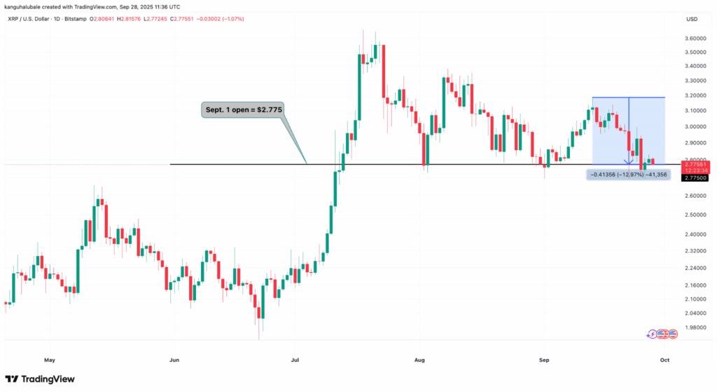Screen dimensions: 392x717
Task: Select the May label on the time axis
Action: (x=49, y=360)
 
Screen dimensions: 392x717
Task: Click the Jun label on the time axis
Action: (x=174, y=360)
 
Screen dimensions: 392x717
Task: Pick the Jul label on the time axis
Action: (x=295, y=360)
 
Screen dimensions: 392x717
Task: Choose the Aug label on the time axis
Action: (x=419, y=360)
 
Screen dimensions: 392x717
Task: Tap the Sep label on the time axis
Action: (x=545, y=360)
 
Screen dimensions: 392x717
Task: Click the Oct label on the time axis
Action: (x=665, y=360)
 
